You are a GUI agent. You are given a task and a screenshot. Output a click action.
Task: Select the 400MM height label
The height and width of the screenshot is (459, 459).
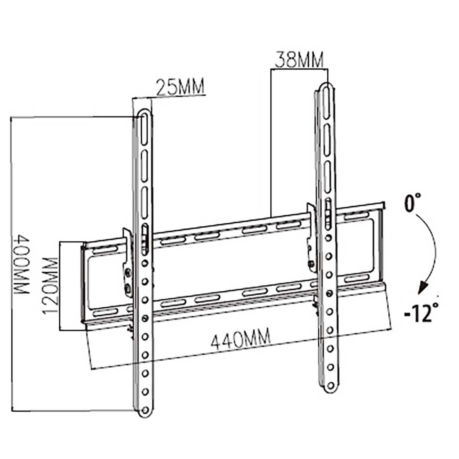[x=22, y=265]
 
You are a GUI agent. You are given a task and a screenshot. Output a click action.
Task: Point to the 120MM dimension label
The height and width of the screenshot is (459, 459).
[x=50, y=285]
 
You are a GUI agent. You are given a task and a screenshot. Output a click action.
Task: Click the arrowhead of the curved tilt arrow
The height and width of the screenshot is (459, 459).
[x=423, y=287]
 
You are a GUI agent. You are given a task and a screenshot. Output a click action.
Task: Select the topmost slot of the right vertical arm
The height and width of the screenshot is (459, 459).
[x=326, y=100]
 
